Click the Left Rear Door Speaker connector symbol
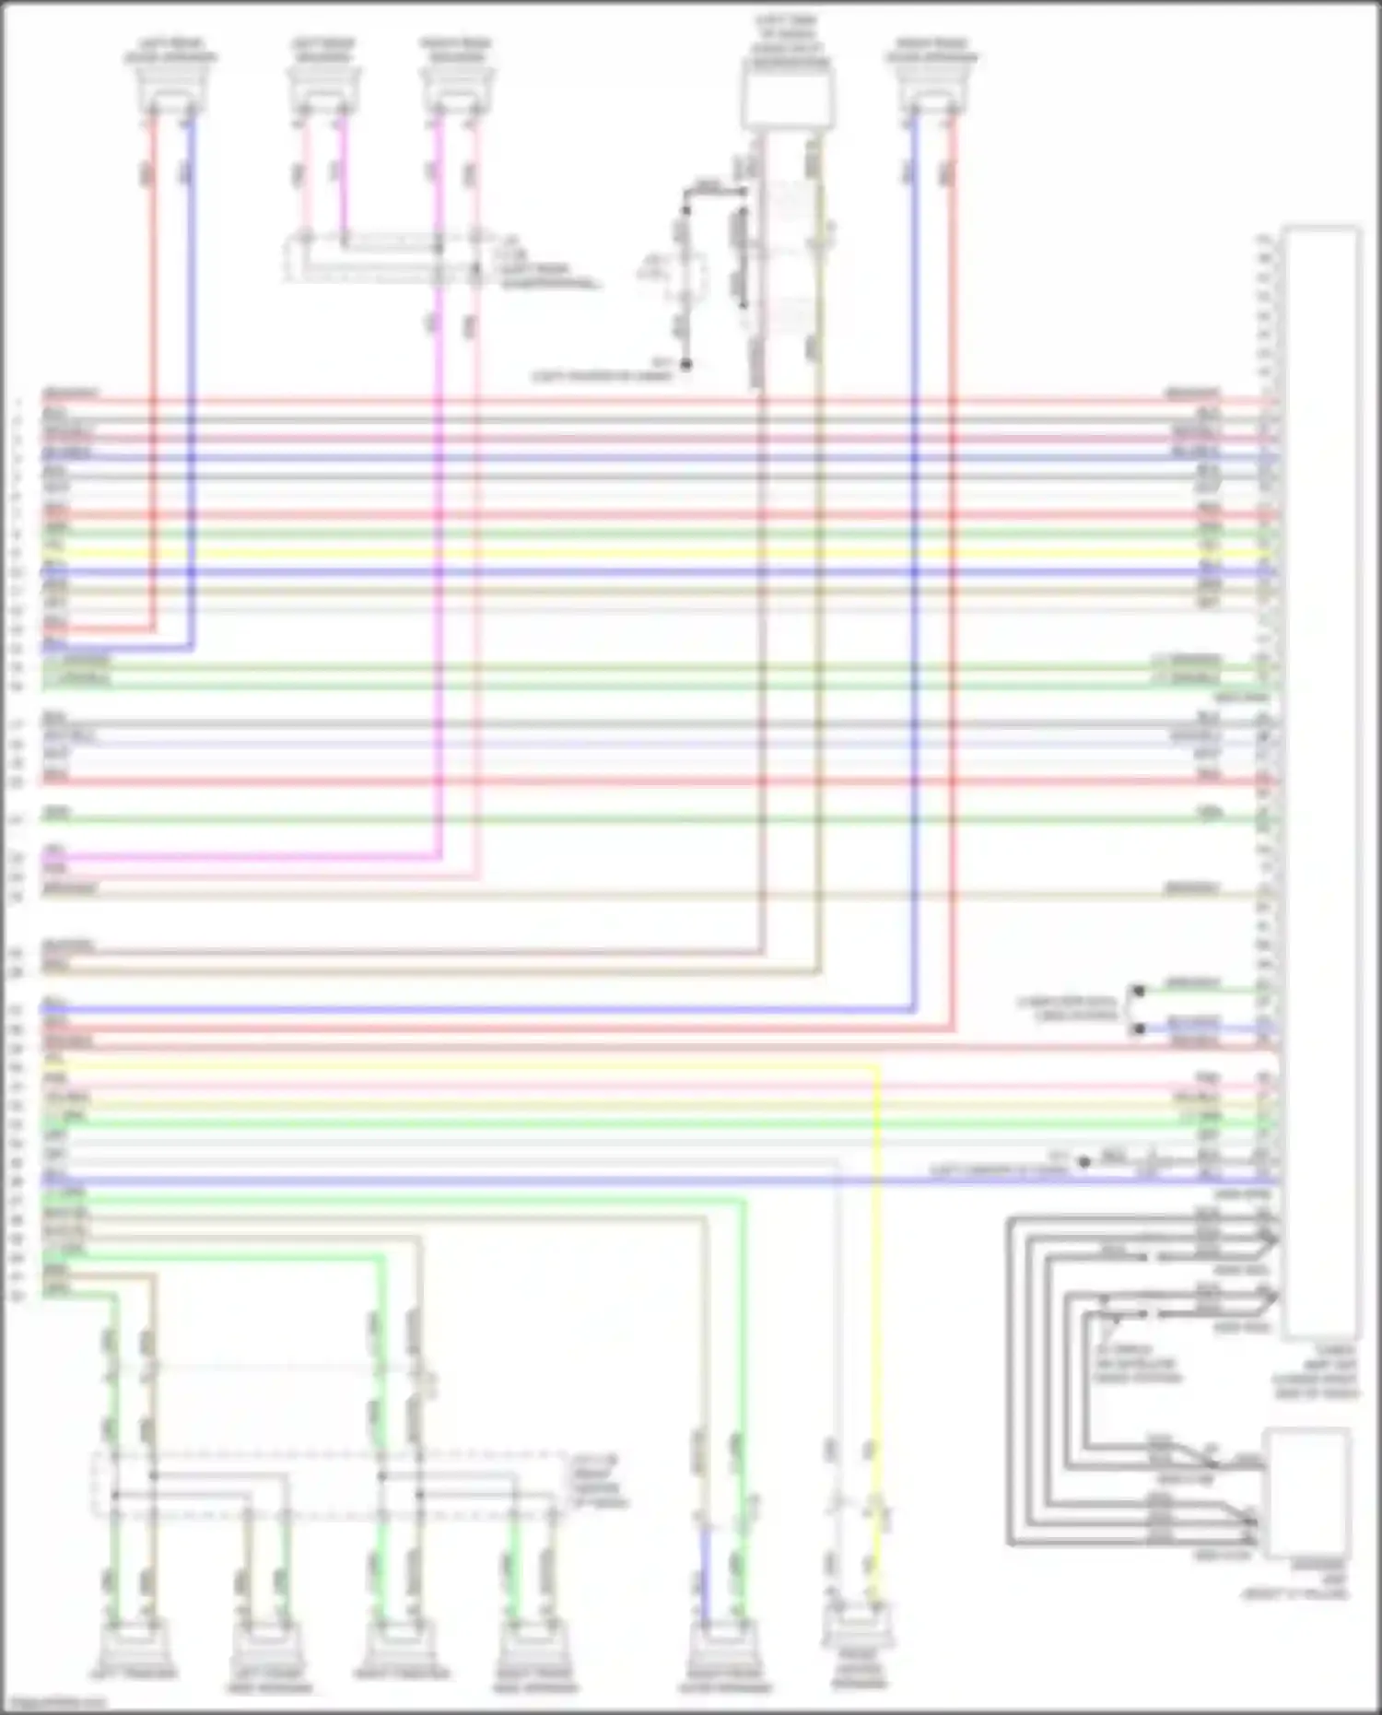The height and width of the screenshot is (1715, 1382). (171, 92)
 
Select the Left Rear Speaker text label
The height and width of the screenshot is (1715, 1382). (322, 50)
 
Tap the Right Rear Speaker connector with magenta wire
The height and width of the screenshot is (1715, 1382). (456, 92)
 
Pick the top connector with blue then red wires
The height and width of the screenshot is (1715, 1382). (931, 92)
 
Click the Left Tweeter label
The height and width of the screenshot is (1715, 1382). (134, 1673)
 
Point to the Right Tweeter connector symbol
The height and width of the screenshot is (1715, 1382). (400, 1641)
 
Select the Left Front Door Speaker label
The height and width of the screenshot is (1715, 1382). (267, 1680)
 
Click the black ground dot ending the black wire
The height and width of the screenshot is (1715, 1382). (685, 365)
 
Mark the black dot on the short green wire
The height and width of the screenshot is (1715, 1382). (1139, 991)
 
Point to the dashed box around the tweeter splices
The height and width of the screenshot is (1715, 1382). (327, 1484)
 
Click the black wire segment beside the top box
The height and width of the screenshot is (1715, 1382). (685, 276)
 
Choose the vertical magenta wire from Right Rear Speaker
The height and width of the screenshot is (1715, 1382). (439, 553)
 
